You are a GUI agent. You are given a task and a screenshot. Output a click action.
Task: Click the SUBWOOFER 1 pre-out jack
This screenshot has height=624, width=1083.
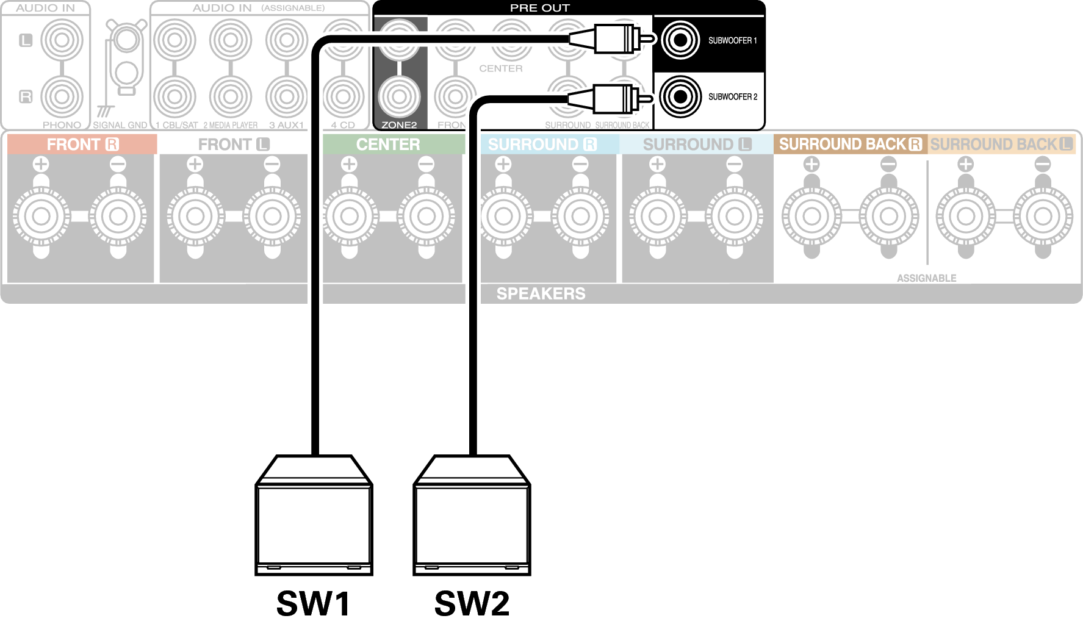point(680,40)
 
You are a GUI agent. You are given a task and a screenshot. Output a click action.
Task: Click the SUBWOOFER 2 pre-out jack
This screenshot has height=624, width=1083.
point(680,96)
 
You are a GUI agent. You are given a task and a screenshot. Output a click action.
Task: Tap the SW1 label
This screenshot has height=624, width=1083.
point(313,603)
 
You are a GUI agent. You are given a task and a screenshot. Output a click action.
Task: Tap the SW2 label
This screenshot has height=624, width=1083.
point(472,603)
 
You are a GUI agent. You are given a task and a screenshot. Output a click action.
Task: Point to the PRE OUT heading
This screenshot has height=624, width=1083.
point(539,8)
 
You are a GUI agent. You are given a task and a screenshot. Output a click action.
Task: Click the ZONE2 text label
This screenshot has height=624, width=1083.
point(399,124)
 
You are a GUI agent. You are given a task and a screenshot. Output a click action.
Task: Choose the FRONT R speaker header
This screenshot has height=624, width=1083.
point(82,145)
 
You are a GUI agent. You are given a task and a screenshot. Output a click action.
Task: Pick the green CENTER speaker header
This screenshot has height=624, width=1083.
point(388,145)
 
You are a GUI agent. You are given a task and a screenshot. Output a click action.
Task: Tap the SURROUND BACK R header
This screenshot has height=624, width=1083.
point(850,145)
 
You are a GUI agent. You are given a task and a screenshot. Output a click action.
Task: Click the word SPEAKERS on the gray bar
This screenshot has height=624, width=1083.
point(541,293)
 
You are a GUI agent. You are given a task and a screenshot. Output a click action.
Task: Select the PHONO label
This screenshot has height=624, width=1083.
point(62,124)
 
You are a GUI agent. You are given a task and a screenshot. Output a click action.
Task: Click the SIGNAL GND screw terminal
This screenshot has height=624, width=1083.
point(126,41)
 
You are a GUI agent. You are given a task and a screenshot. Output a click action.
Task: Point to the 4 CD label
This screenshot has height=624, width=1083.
point(343,124)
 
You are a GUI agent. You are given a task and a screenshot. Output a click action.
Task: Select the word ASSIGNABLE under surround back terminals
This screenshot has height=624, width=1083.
point(926,278)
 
